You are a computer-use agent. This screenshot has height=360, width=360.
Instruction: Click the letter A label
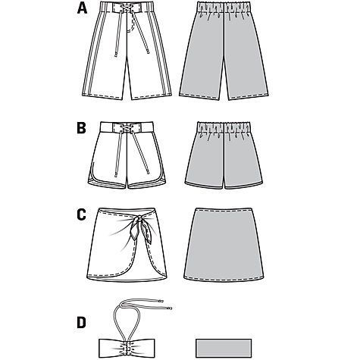[82, 8]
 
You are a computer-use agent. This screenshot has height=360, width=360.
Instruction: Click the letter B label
[81, 128]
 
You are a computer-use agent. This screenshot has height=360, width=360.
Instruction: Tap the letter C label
[82, 215]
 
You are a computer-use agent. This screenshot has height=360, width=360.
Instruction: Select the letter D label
[82, 323]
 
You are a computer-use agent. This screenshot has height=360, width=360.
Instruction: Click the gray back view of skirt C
[224, 244]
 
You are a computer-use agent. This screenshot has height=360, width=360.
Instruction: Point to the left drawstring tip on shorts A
[116, 54]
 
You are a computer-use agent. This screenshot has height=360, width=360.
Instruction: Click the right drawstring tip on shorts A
[147, 52]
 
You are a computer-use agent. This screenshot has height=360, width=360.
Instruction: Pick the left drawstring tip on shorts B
[116, 174]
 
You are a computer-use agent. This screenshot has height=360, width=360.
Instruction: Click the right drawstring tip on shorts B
[148, 172]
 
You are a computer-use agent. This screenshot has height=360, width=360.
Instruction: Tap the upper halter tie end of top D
[161, 301]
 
